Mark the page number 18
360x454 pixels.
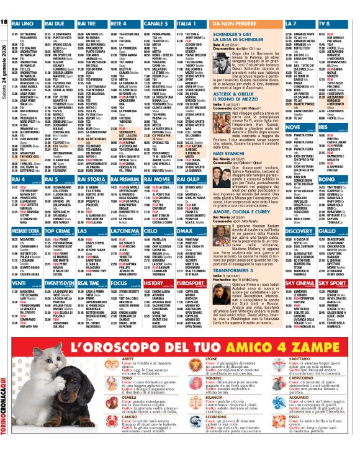5,22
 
